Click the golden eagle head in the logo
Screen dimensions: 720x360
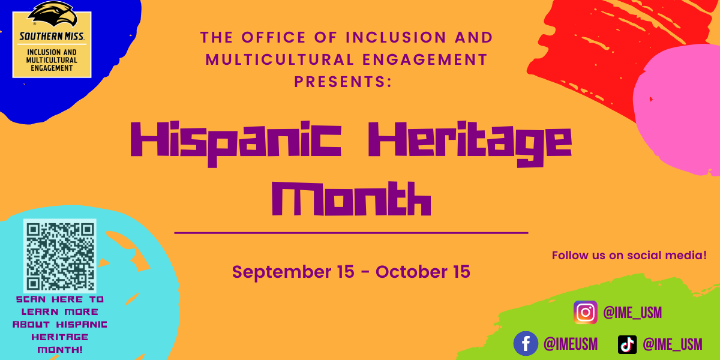(x=53, y=14)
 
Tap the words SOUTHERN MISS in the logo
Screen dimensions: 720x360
(x=52, y=37)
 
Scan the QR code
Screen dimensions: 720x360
(x=60, y=256)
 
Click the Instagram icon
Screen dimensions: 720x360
(x=586, y=312)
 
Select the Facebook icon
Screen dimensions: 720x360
(x=526, y=344)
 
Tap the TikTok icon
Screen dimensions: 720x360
(x=627, y=344)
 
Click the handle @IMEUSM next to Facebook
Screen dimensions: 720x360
(x=571, y=344)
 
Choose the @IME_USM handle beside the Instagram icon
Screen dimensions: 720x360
(x=632, y=313)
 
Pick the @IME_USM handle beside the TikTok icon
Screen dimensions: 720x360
(x=673, y=344)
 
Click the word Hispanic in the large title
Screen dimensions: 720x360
(x=236, y=143)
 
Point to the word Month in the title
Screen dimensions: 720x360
(x=352, y=199)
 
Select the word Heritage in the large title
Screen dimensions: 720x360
(x=470, y=143)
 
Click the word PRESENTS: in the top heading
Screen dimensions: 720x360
(x=343, y=82)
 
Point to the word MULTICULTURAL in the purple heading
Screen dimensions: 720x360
(x=280, y=60)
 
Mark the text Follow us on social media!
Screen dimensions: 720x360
(x=629, y=256)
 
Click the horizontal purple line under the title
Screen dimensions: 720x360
(x=352, y=233)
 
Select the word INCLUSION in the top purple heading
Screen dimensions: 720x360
(x=396, y=37)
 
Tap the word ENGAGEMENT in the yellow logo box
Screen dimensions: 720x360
(x=52, y=68)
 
